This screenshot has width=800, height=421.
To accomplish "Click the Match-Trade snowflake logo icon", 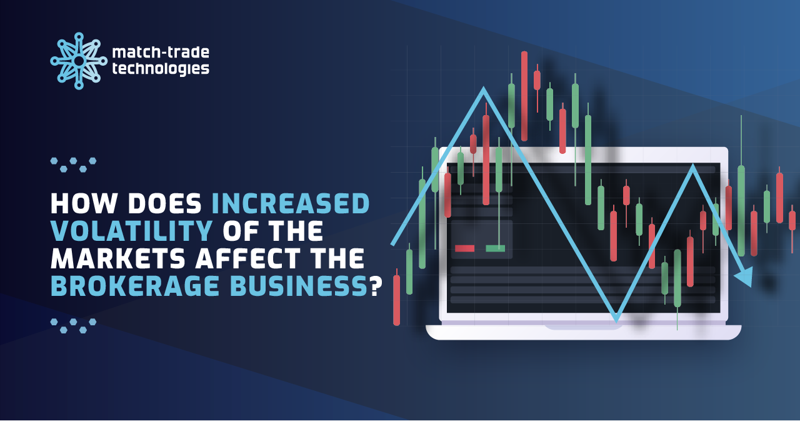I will [x=79, y=61].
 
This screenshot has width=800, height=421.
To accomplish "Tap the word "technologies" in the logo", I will [x=161, y=69].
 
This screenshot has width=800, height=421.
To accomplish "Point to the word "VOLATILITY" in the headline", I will [x=129, y=232].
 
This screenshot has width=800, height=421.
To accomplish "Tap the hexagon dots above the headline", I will [x=73, y=165].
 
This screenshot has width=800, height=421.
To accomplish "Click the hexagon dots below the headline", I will [x=73, y=325].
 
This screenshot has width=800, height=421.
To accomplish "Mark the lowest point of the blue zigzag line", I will [x=617, y=319].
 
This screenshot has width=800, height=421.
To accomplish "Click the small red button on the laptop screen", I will [x=464, y=248].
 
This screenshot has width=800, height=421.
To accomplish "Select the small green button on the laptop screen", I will [x=495, y=248].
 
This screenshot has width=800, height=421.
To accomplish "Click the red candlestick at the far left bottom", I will [x=396, y=300].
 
